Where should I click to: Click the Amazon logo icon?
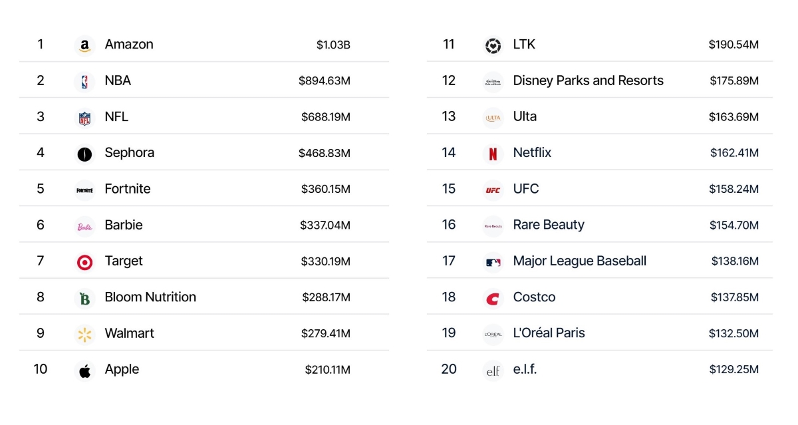(x=84, y=45)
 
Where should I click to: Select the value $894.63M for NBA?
(x=324, y=81)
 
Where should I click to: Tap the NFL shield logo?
(x=84, y=118)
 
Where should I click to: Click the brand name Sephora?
(x=129, y=153)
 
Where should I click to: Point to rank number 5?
(x=41, y=189)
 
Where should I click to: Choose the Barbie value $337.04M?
(x=325, y=225)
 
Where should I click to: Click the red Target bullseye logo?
(x=84, y=262)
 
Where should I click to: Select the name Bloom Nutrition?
(x=150, y=297)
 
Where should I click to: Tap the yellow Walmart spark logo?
(x=84, y=334)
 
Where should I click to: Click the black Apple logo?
(x=84, y=370)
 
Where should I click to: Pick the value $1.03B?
(x=333, y=45)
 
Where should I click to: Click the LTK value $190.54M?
(x=733, y=45)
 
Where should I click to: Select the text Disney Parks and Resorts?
(x=588, y=81)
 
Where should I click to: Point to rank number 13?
(x=449, y=117)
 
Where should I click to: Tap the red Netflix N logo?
(x=493, y=154)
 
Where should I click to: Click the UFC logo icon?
(x=493, y=190)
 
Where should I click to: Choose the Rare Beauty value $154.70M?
(x=733, y=225)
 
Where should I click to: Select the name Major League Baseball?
(x=579, y=261)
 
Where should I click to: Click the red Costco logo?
(x=493, y=299)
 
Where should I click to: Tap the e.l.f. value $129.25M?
(x=733, y=370)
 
